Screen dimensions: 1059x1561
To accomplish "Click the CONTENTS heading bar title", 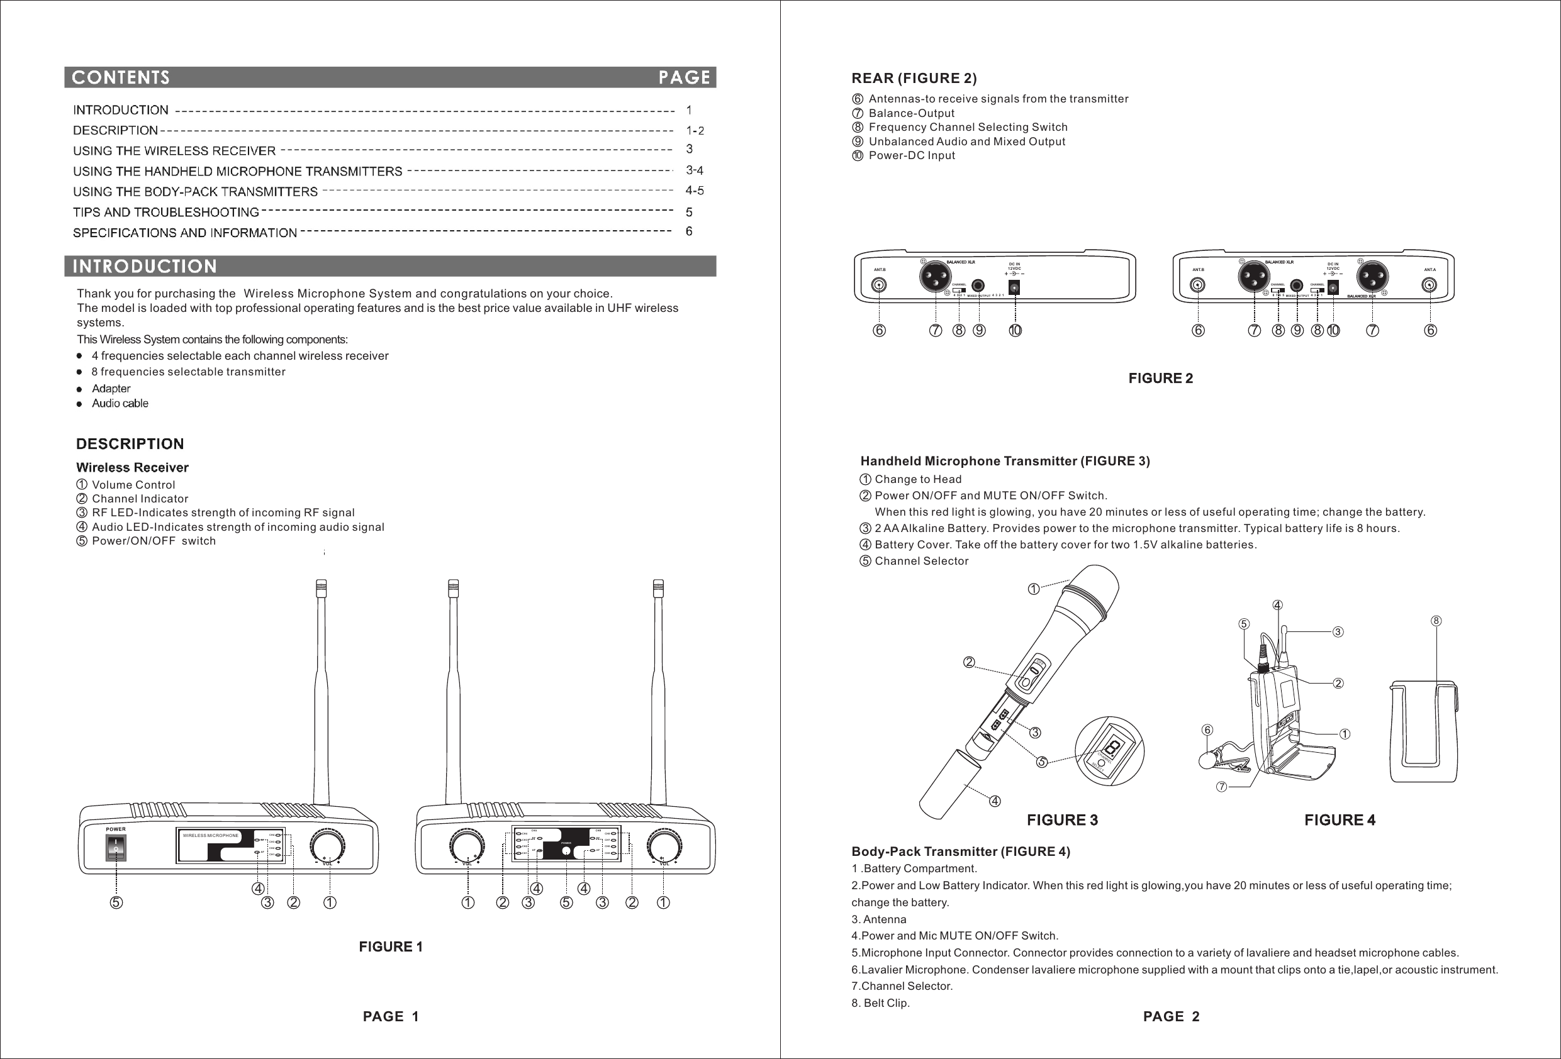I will [121, 78].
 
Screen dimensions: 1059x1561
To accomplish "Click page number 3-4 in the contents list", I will [694, 170].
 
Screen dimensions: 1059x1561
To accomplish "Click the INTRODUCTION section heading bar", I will [145, 267].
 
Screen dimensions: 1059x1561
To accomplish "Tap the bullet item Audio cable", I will [120, 404].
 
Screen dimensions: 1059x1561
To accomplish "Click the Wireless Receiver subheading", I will [132, 467].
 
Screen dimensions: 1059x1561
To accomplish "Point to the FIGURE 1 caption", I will [390, 947].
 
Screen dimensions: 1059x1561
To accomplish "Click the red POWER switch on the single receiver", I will [116, 848].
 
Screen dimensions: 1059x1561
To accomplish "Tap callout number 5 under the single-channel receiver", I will [116, 902].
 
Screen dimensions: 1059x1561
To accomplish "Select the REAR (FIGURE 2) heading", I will [914, 79].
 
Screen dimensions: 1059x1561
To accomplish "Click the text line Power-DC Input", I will [912, 156].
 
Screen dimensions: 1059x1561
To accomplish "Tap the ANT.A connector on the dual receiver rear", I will [1430, 285].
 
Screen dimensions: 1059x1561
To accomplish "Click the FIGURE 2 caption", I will [1160, 378].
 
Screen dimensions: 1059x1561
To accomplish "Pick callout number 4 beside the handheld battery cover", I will [995, 801].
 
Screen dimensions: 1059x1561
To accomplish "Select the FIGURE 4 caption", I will [1340, 820].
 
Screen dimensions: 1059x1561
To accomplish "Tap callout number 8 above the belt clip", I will [1435, 621].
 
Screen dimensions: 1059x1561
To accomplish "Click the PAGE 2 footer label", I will [1171, 1017].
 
